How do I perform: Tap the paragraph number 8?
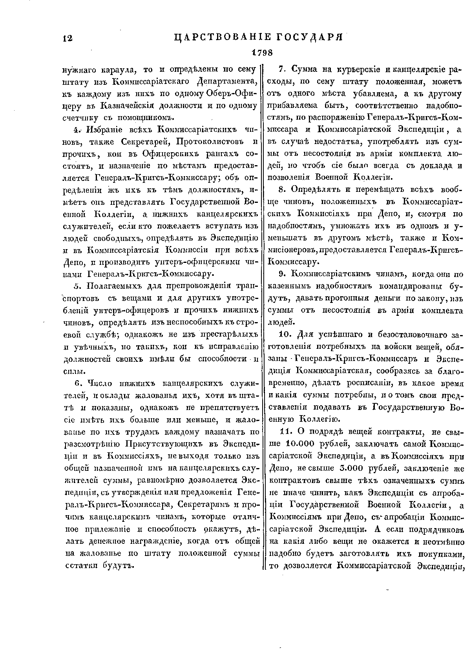pos(281,190)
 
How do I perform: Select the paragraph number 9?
pos(281,275)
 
